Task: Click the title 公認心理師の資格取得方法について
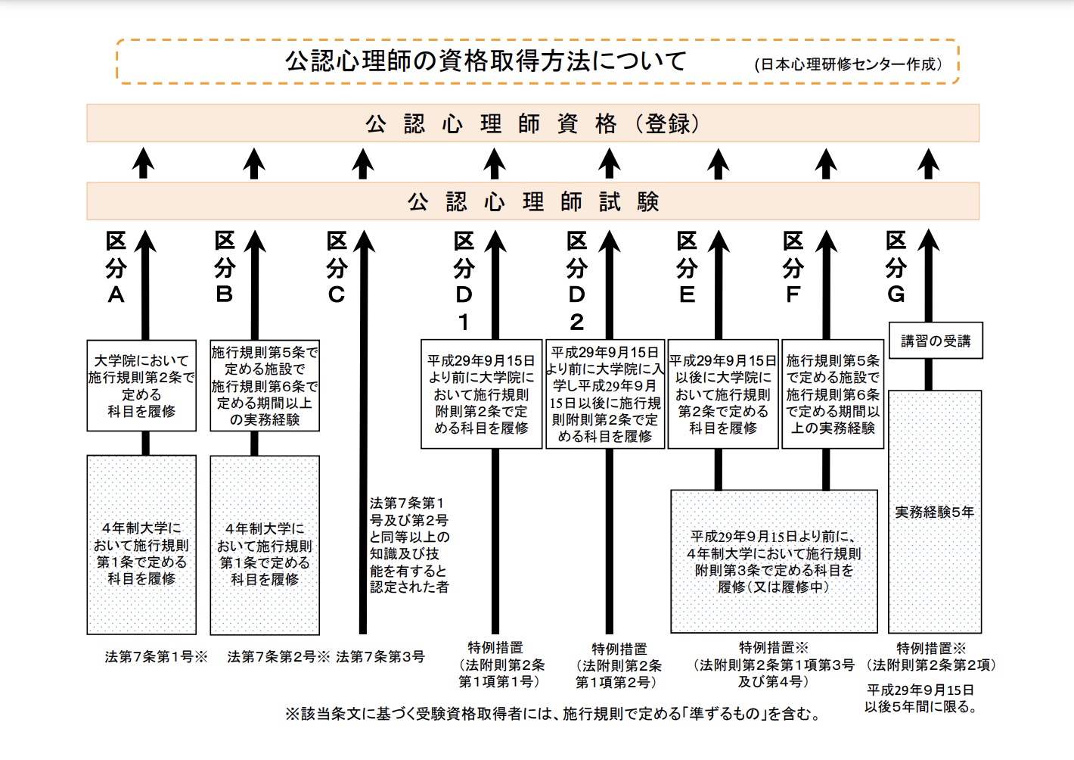click(485, 61)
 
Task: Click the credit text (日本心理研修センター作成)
click(849, 64)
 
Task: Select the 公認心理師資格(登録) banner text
click(532, 123)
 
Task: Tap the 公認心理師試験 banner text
click(532, 201)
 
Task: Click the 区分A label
click(116, 268)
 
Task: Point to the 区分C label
click(337, 268)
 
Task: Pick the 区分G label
click(896, 268)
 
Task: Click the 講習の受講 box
click(936, 341)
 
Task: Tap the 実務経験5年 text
click(935, 512)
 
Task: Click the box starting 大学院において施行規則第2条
click(141, 386)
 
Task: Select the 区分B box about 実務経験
click(265, 386)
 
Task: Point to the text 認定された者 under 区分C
click(409, 587)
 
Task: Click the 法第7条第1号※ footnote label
click(156, 657)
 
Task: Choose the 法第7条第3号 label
click(380, 657)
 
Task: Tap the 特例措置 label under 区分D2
click(619, 649)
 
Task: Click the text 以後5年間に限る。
click(921, 707)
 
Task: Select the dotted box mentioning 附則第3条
click(773, 561)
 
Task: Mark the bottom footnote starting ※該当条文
click(553, 714)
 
